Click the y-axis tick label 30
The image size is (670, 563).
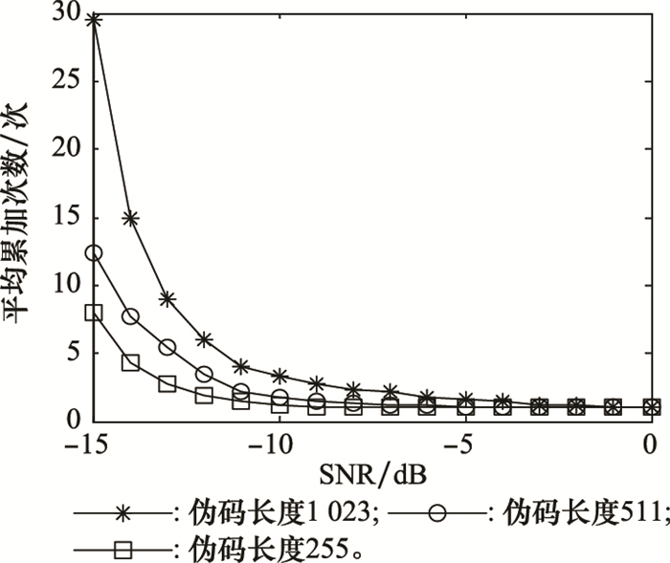click(73, 12)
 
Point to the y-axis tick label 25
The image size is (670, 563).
click(73, 80)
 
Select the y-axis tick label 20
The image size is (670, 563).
click(73, 148)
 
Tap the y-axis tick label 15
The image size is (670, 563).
click(73, 217)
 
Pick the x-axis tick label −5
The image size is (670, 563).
click(463, 444)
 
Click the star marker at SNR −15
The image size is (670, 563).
click(94, 19)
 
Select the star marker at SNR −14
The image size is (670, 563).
click(131, 218)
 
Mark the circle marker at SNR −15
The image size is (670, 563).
click(94, 253)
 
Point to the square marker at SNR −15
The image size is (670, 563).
click(94, 313)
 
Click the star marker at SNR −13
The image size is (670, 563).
click(167, 298)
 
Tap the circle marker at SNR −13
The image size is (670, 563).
click(167, 347)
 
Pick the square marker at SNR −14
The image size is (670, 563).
click(131, 362)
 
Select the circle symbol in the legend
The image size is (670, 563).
click(436, 513)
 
